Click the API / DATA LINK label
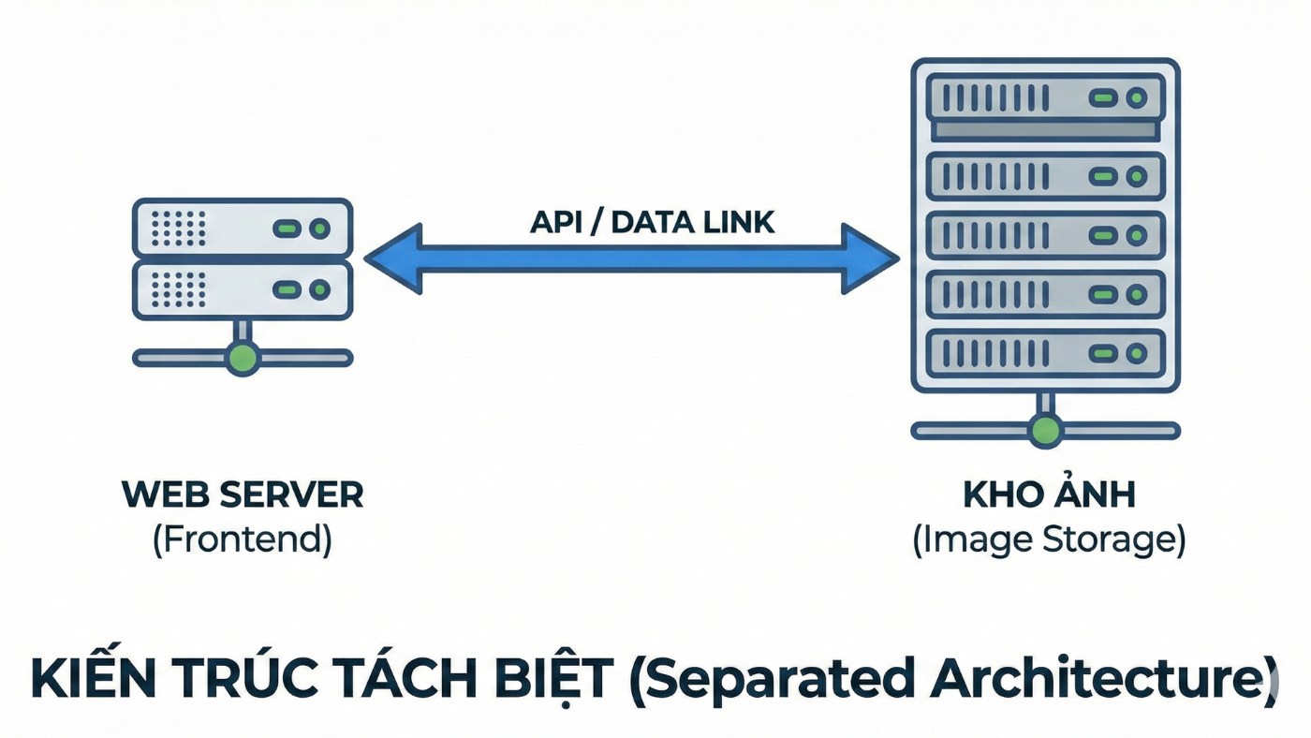coord(653,222)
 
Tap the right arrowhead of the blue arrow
coord(871,258)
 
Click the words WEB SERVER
coord(243,495)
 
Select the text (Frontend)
coord(243,541)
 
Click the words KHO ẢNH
coord(1049,495)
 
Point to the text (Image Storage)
coord(1049,541)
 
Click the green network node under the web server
coord(243,358)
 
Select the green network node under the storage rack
coord(1045,431)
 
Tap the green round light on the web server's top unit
coord(319,229)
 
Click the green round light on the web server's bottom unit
coord(319,290)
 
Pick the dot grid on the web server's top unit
coord(178,229)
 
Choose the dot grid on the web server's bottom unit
coord(178,290)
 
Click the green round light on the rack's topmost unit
coord(1137,97)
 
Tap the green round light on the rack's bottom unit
coord(1137,353)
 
